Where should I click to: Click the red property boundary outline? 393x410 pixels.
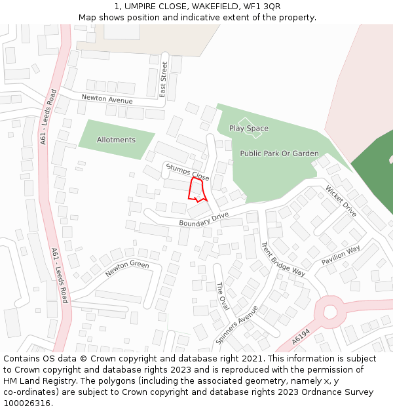coord(196,189)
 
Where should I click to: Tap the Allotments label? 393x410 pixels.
coord(116,140)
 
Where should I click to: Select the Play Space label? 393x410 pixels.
coord(249,129)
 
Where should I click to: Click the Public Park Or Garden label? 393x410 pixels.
coord(279,154)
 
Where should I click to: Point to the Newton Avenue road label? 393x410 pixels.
coord(107,99)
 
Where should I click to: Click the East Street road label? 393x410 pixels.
coord(164,79)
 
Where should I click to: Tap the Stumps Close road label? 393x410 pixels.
coord(188,173)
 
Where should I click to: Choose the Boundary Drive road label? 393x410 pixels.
coord(204,219)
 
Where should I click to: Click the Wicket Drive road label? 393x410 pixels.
coord(341,201)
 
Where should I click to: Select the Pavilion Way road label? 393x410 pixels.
coord(341,255)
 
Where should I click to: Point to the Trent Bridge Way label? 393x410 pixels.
coord(283,258)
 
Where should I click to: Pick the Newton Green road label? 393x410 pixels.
coord(127,268)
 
